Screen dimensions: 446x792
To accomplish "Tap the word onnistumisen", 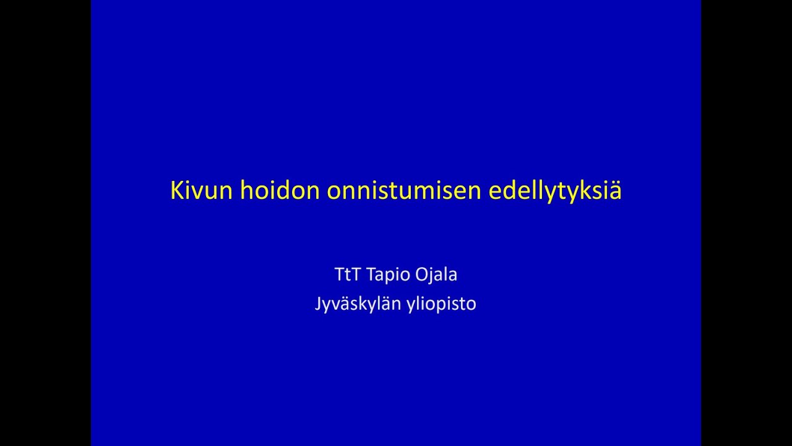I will tap(404, 191).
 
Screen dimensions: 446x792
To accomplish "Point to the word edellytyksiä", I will tap(555, 191).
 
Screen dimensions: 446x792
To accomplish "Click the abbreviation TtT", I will tap(347, 274).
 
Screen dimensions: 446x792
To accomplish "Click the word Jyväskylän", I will tap(358, 304).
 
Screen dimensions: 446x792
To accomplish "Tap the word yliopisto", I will tap(441, 304).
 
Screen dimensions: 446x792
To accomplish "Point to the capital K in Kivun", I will tap(177, 191).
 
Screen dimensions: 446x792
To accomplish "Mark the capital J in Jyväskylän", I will tap(318, 304).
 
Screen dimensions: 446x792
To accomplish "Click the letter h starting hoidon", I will tap(246, 191).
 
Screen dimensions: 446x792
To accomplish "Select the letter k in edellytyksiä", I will tap(587, 191).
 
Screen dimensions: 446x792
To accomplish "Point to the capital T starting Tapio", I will tap(372, 274).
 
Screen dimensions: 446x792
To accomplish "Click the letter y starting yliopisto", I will tap(411, 305).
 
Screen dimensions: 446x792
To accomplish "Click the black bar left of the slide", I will tap(45, 223).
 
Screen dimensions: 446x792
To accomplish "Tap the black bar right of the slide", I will tap(746, 223).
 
